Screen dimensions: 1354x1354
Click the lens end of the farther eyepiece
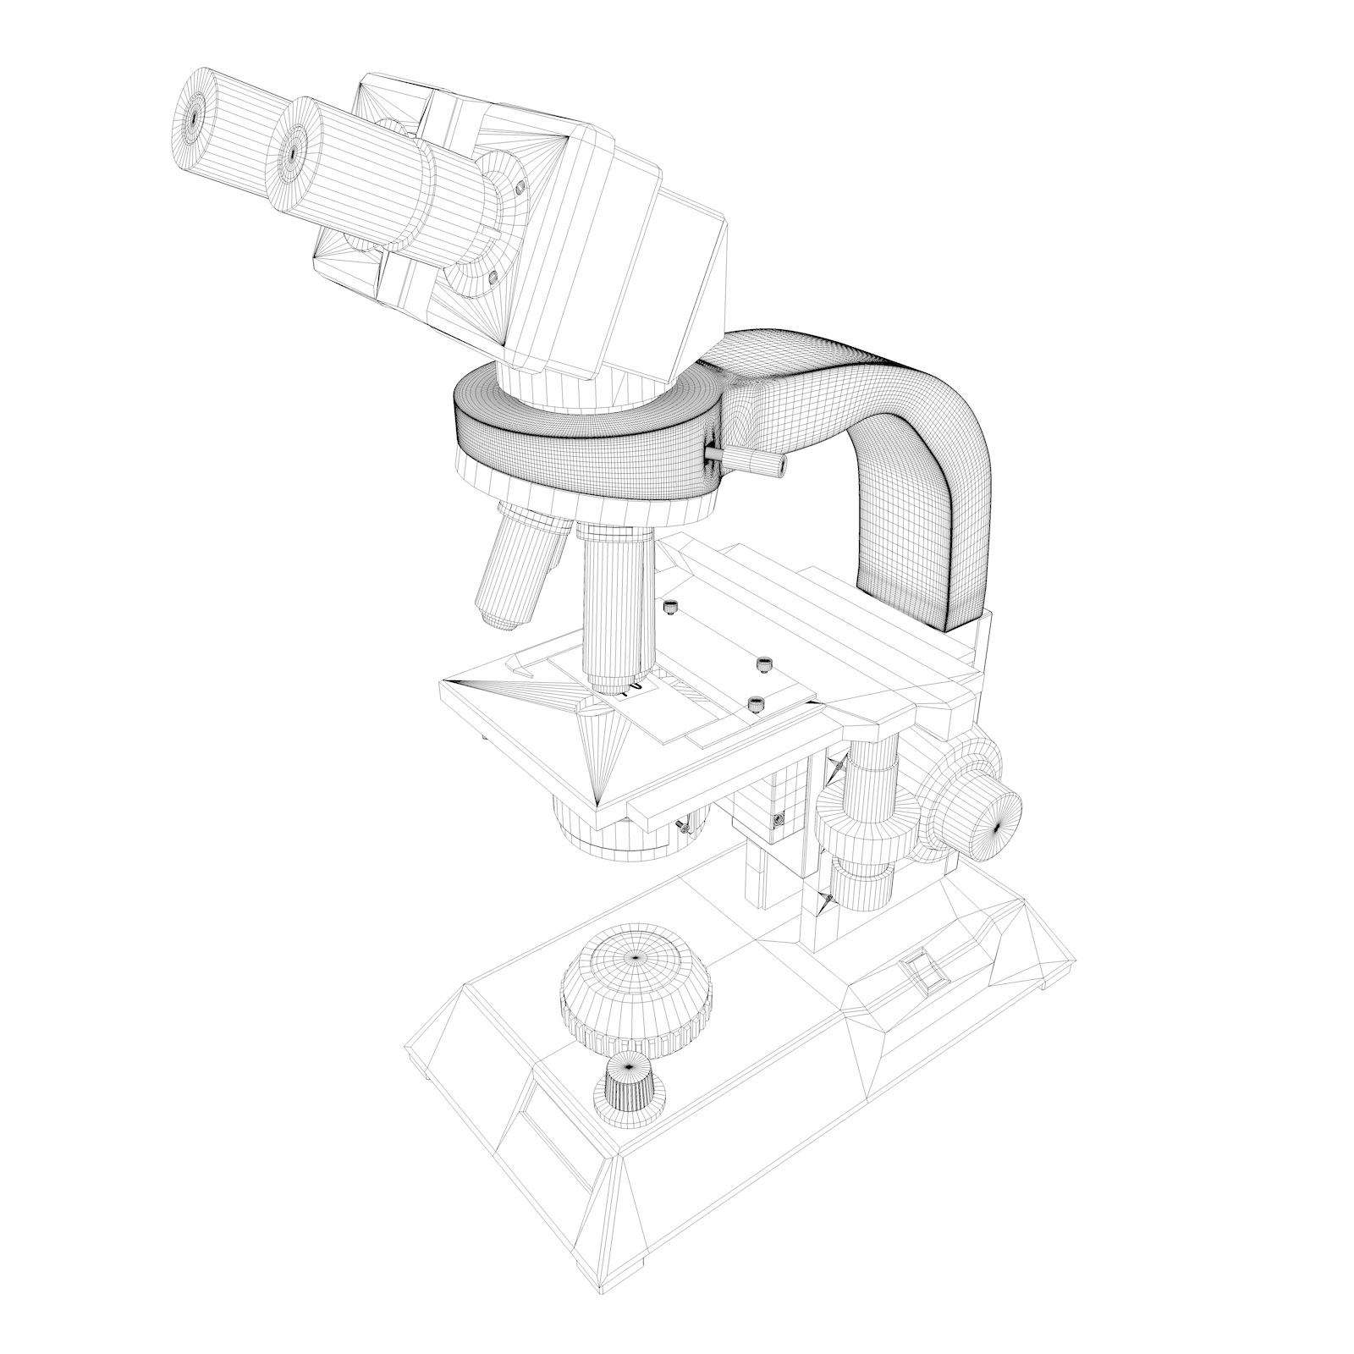pos(194,118)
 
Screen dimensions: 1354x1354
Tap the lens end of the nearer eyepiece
pos(292,154)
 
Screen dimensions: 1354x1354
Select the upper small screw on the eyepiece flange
pos(520,183)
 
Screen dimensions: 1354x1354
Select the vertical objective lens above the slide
pos(616,609)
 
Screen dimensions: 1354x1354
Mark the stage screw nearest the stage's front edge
pos(757,702)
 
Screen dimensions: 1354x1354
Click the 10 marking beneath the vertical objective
pos(628,691)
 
